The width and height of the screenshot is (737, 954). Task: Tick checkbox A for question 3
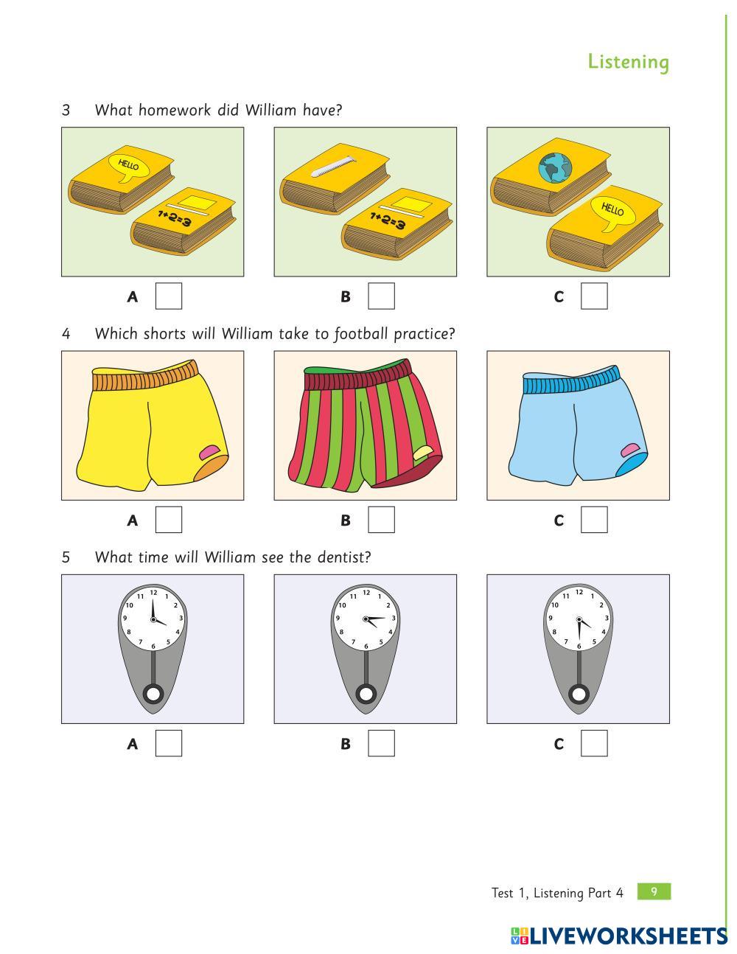pos(169,296)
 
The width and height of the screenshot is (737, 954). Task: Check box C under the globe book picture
pos(594,296)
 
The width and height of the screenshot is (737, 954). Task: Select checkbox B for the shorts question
pos(381,520)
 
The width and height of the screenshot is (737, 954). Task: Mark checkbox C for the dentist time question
pos(594,743)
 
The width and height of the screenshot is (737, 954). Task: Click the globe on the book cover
pos(554,168)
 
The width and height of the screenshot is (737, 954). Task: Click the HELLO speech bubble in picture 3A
pos(128,167)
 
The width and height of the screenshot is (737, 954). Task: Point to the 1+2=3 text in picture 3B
pos(388,220)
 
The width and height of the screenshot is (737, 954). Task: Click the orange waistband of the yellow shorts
pos(146,377)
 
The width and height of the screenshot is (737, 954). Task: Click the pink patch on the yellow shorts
pos(209,453)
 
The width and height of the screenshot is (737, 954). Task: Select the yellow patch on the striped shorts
pos(424,453)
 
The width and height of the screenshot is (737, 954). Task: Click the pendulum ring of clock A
pos(153,694)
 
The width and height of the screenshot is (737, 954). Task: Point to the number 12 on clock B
pos(366,592)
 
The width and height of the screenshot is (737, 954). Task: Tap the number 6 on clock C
pos(579,647)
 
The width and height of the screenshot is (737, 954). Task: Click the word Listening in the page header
pos(629,62)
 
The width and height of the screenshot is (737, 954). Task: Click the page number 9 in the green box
pos(654,891)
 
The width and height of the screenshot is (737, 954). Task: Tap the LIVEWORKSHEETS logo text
pos(628,936)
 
